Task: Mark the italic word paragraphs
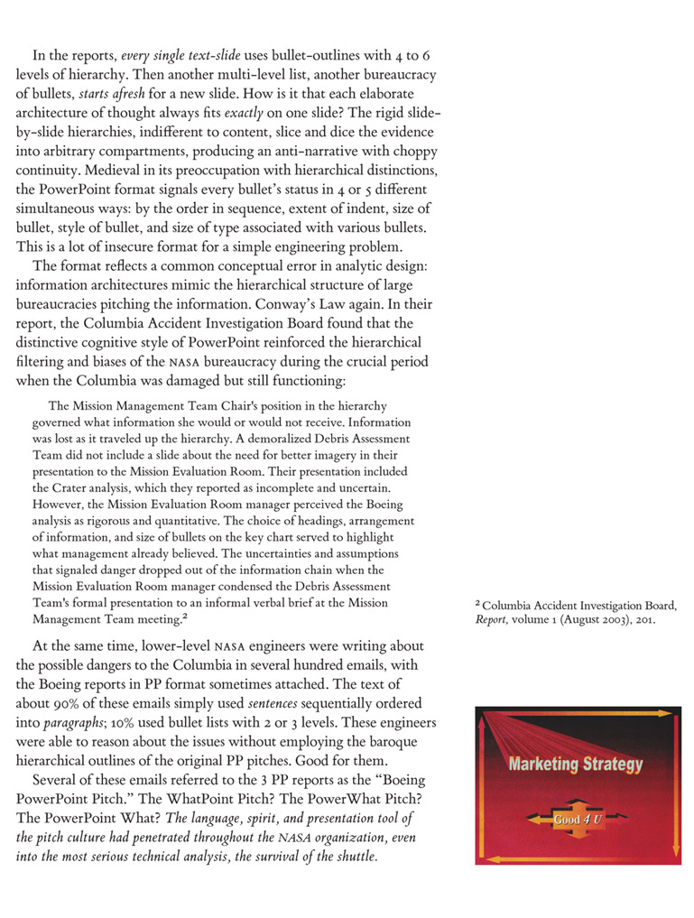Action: pyautogui.click(x=70, y=723)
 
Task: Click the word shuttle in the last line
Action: pyautogui.click(x=352, y=856)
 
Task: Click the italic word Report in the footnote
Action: pyautogui.click(x=492, y=620)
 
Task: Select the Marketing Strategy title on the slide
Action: pyautogui.click(x=576, y=765)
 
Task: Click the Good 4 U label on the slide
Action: pyautogui.click(x=575, y=819)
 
